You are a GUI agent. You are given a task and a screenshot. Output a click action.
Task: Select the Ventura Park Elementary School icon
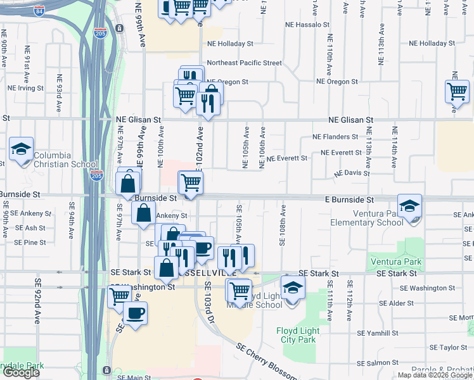(410, 205)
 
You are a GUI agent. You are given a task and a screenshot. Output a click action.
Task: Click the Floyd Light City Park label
(297, 335)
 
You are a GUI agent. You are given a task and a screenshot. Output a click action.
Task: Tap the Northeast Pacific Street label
(244, 63)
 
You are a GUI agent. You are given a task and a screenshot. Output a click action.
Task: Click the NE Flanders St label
(335, 137)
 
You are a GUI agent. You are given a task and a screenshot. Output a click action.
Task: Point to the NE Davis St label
(352, 172)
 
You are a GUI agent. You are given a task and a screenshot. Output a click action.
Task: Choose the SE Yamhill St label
(376, 332)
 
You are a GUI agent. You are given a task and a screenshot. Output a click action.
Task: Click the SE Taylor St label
(449, 347)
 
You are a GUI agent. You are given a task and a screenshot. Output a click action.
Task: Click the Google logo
(21, 372)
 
